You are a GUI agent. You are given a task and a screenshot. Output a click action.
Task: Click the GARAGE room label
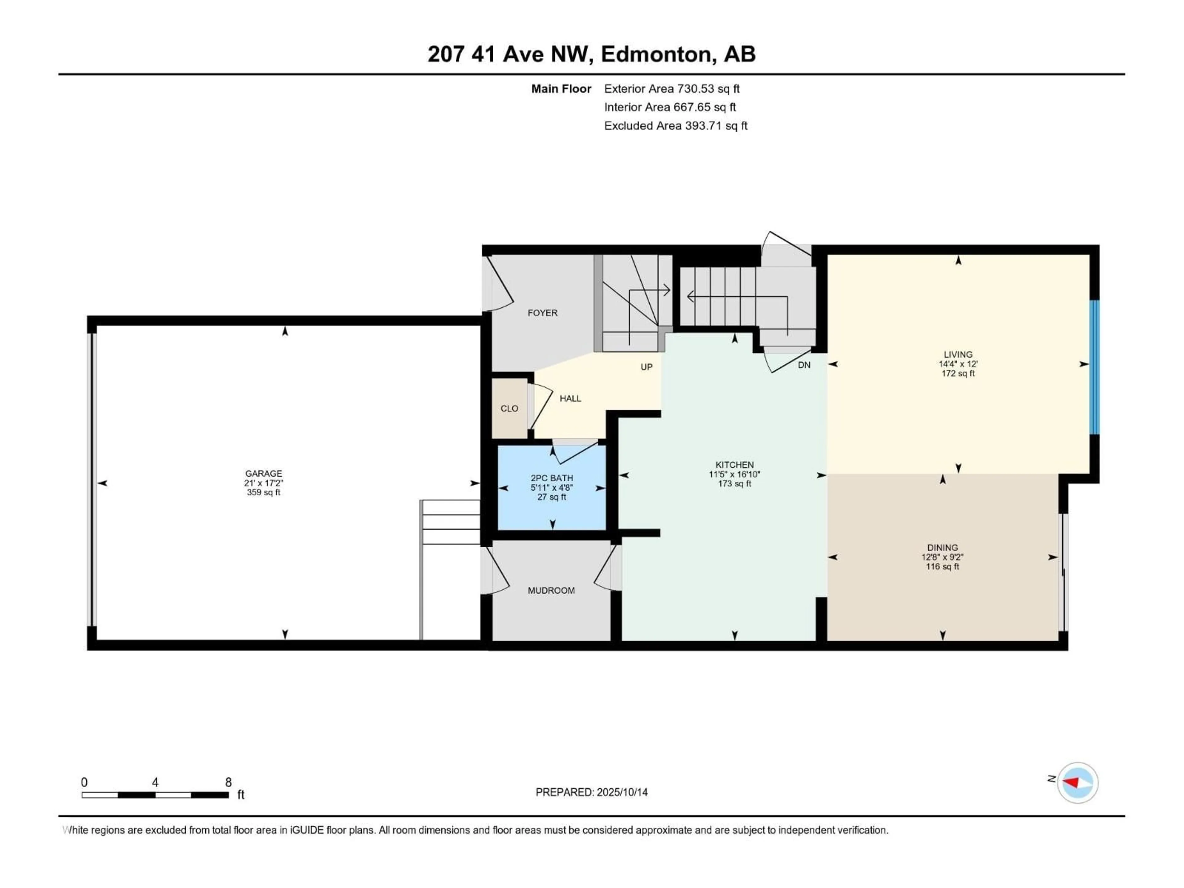[263, 473]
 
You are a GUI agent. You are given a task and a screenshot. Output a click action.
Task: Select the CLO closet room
[509, 409]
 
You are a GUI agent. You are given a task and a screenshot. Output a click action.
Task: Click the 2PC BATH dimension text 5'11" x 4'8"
[552, 487]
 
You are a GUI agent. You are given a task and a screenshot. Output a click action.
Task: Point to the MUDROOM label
[551, 590]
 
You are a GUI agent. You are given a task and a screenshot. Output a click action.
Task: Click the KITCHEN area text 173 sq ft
[734, 484]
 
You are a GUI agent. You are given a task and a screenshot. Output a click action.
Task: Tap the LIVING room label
[958, 354]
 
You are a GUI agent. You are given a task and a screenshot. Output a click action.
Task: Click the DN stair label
[804, 365]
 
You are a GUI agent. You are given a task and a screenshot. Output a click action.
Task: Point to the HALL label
[570, 398]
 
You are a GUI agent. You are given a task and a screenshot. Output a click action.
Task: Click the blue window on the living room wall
[1095, 367]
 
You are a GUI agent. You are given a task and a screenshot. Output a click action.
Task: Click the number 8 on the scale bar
[228, 782]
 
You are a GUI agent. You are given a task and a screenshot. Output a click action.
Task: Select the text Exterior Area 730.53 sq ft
[672, 89]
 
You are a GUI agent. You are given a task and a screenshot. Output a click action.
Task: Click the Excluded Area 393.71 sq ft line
[676, 126]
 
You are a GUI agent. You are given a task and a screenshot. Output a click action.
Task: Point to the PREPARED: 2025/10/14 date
[591, 792]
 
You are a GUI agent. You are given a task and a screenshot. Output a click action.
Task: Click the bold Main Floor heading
[561, 89]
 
